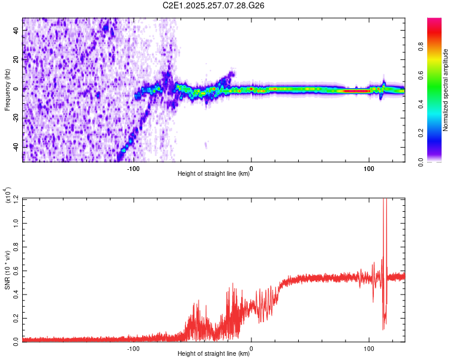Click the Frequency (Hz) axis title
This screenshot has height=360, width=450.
(7, 90)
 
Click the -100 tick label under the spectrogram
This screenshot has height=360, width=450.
(133, 167)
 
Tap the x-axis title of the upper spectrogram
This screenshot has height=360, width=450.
(214, 174)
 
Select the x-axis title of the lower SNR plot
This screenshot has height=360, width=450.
(214, 354)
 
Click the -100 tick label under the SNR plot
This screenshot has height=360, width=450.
(133, 347)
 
